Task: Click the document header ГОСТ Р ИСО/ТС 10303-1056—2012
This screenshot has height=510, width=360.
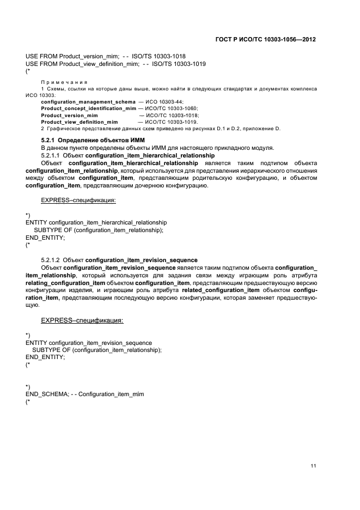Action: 265,40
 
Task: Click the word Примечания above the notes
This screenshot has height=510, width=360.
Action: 57,82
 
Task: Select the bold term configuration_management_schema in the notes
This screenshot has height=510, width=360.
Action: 81,102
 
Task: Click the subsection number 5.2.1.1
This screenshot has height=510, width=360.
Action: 51,155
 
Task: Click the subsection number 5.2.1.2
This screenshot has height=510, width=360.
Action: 51,260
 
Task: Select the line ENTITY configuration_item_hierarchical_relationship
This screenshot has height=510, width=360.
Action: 96,222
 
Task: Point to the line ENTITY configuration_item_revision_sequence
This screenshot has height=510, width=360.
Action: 89,343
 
